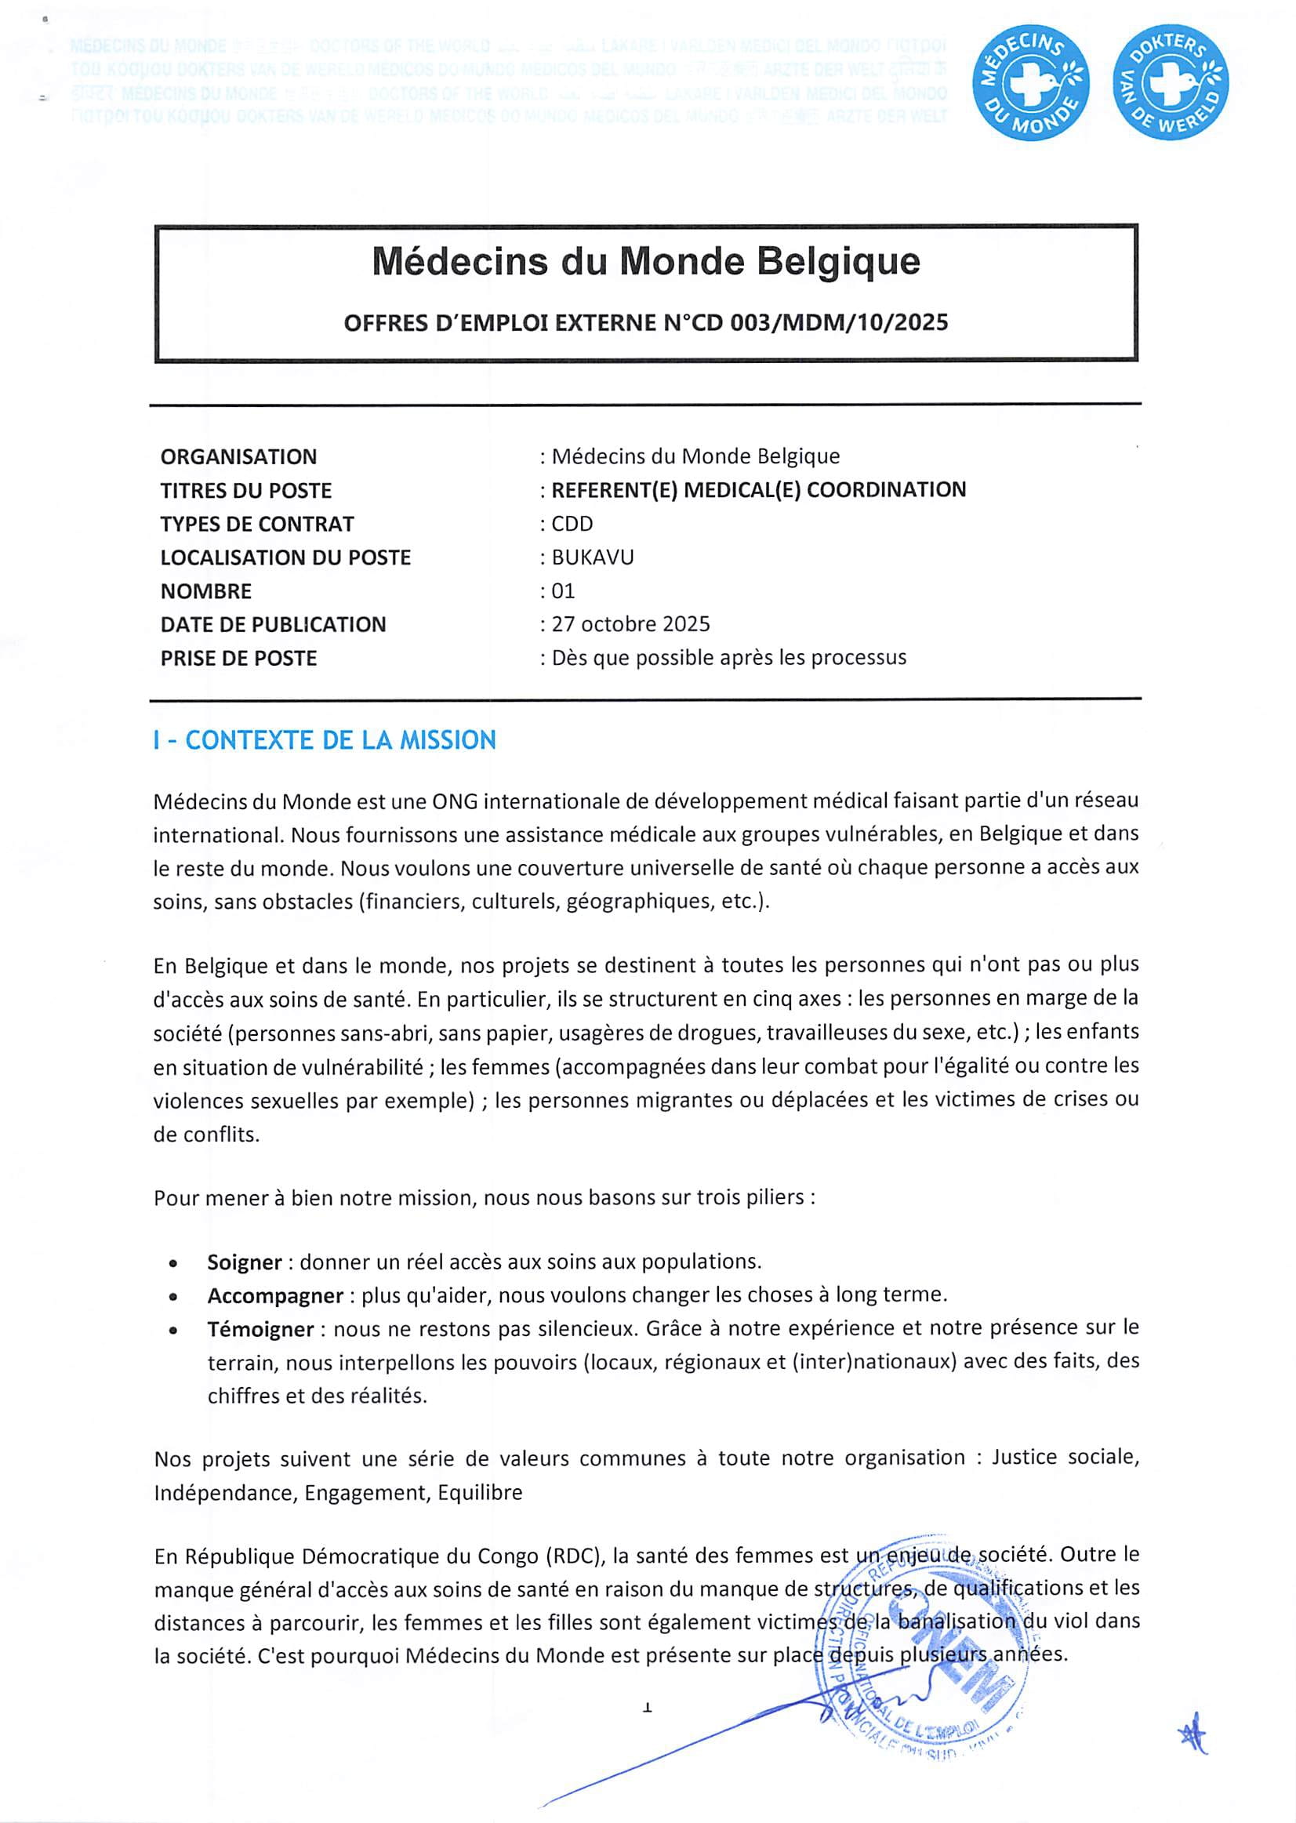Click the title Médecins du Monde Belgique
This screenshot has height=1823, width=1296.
(645, 261)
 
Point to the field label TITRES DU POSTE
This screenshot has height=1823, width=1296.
(246, 490)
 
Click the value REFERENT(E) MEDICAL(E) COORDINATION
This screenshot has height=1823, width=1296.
(758, 489)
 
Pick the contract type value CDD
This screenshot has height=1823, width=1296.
(572, 524)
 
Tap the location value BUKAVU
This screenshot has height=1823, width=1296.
(592, 557)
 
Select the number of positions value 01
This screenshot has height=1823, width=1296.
(563, 590)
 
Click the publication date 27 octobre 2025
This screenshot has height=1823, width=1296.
(630, 624)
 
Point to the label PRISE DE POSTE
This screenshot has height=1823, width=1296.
(238, 659)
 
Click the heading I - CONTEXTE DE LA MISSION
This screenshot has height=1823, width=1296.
(325, 740)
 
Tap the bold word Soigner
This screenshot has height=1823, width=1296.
(244, 1262)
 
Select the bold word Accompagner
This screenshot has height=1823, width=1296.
(275, 1295)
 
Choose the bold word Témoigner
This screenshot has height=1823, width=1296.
(260, 1329)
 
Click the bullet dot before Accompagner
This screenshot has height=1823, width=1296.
(173, 1297)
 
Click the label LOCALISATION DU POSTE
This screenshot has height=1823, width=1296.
(285, 557)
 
